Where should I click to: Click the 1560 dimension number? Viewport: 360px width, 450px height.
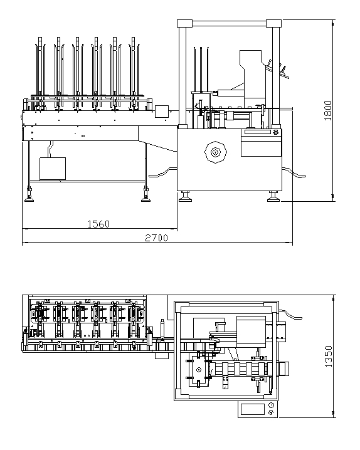[x=98, y=224]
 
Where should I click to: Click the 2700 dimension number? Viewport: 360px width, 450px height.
[x=156, y=238]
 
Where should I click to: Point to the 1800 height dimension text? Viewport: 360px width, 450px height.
[x=327, y=110]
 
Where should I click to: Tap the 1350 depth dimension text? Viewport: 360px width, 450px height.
[x=328, y=356]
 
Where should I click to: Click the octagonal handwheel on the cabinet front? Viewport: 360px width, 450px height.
[x=216, y=152]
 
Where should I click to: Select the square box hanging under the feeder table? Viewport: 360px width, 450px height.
[x=53, y=169]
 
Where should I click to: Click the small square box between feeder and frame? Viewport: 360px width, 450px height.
[x=162, y=112]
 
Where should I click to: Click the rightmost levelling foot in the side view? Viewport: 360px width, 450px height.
[x=273, y=197]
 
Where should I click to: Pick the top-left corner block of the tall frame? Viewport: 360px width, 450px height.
[x=184, y=23]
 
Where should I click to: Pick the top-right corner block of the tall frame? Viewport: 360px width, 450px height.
[x=273, y=23]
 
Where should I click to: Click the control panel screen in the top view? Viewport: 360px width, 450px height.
[x=252, y=409]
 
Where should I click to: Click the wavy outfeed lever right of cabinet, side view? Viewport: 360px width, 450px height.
[x=294, y=173]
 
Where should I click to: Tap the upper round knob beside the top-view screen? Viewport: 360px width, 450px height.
[x=272, y=406]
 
